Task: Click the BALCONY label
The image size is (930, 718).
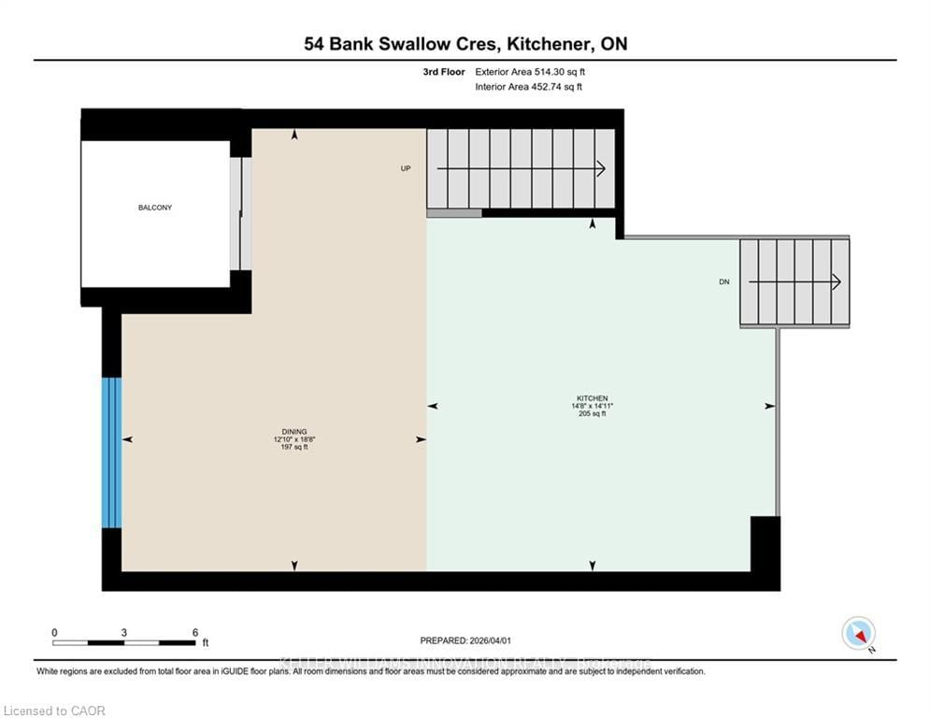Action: [155, 208]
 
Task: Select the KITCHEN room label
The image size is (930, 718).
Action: [593, 397]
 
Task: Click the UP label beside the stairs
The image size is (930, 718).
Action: [406, 168]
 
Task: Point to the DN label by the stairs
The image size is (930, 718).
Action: [724, 281]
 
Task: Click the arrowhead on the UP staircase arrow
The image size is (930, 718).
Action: [600, 168]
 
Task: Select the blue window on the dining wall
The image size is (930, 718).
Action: [112, 452]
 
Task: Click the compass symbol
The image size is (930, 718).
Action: [858, 633]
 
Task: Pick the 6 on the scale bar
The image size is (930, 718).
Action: [195, 632]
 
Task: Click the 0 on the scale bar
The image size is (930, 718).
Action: [55, 632]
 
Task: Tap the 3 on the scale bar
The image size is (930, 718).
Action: [124, 632]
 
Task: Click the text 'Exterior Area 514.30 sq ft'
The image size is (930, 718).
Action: [530, 71]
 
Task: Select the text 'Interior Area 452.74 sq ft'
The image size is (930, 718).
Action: [529, 87]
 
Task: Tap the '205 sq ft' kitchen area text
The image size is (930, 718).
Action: [593, 414]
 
